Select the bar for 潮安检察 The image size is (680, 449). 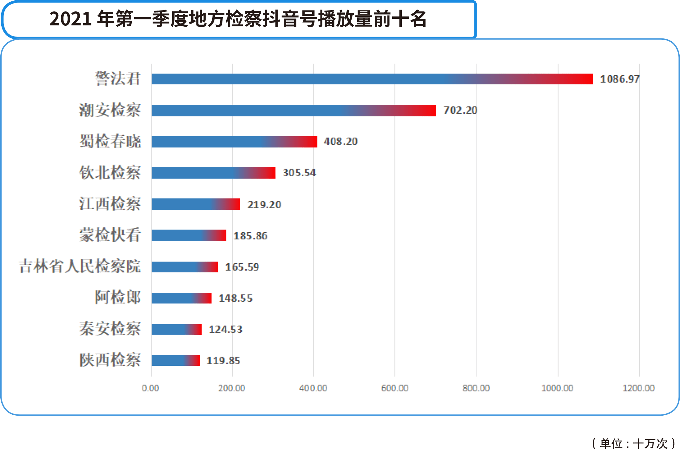[x=294, y=111]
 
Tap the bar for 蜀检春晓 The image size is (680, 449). [x=234, y=142]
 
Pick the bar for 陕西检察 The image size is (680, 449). [x=175, y=360]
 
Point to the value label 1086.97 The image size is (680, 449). [x=619, y=79]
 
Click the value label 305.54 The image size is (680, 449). [x=299, y=173]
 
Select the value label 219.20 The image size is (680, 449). [x=264, y=204]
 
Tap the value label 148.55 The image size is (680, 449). [x=235, y=298]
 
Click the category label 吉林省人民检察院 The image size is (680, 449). [x=80, y=266]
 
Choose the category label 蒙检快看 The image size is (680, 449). [x=110, y=235]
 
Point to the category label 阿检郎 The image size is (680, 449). [x=117, y=298]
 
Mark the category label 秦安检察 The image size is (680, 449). [x=110, y=329]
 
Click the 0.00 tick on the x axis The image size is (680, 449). [x=150, y=388]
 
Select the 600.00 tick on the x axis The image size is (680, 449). [x=395, y=388]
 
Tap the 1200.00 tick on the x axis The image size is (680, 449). [x=638, y=388]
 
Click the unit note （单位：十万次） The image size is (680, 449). [x=633, y=443]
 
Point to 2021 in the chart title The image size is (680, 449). [x=70, y=19]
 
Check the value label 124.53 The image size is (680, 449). [x=225, y=329]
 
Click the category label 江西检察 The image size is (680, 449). [x=110, y=204]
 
